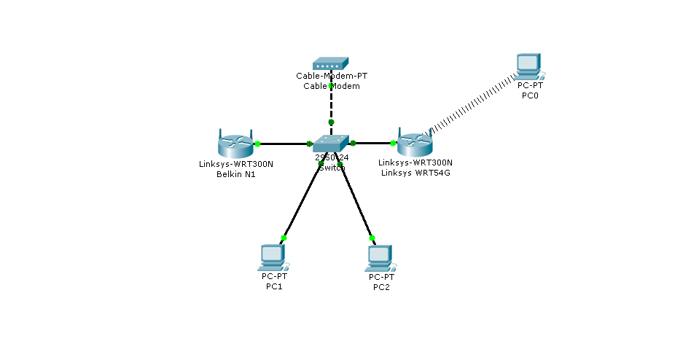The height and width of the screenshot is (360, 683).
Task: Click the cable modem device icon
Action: (x=331, y=64)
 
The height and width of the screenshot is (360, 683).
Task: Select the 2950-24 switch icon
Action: (x=332, y=144)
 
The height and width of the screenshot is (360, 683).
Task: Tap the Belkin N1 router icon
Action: (x=235, y=143)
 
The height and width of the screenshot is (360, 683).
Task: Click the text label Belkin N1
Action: (x=235, y=173)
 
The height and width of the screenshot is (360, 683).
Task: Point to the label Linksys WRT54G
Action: (x=415, y=173)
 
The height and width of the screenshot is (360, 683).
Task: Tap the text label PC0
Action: (x=530, y=95)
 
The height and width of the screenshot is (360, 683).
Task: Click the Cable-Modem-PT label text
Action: (x=331, y=76)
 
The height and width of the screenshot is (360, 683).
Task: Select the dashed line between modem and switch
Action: (x=331, y=106)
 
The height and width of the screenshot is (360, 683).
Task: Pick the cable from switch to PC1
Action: (x=300, y=203)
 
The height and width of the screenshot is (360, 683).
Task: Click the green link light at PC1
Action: (x=284, y=238)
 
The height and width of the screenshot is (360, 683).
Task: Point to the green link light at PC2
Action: (x=372, y=238)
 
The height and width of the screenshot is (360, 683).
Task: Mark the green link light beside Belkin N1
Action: (x=257, y=144)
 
